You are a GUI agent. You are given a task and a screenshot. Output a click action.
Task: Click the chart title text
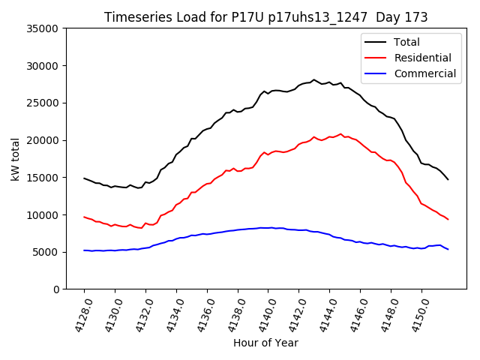click(266, 17)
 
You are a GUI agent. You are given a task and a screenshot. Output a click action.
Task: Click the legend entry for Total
click(406, 42)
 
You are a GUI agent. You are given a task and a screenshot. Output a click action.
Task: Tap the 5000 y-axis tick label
click(46, 252)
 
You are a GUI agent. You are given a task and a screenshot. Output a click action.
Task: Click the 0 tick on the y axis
click(55, 289)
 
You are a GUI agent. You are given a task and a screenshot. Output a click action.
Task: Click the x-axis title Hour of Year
click(265, 343)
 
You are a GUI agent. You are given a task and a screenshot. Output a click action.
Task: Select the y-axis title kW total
click(15, 158)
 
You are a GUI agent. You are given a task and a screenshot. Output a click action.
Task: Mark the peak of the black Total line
click(314, 79)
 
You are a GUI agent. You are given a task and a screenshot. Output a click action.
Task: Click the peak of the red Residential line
click(340, 134)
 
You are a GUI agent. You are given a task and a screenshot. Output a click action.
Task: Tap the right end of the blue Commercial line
click(448, 249)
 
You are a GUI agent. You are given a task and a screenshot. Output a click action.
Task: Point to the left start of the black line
click(84, 178)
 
